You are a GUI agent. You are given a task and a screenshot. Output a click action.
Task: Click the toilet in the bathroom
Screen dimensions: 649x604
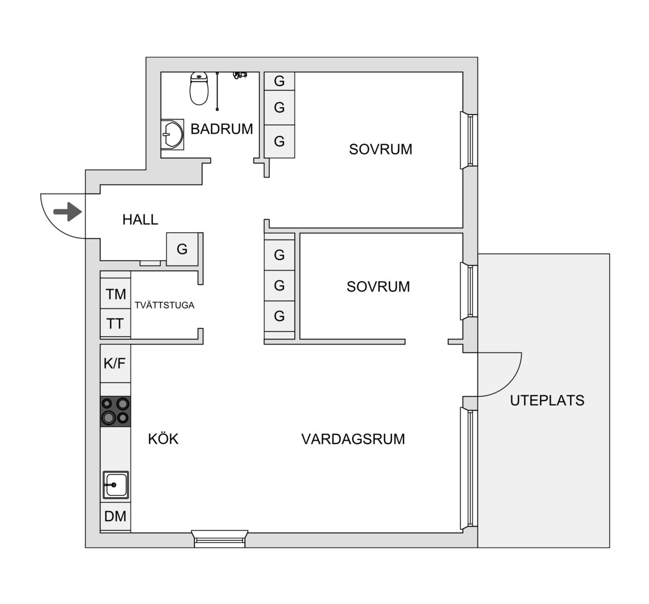coord(199,88)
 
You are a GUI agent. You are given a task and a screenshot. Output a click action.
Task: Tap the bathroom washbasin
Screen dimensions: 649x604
coord(172,135)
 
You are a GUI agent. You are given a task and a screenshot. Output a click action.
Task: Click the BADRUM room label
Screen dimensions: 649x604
coord(221,129)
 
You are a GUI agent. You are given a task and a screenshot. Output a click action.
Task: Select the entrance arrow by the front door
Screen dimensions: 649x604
coord(68,213)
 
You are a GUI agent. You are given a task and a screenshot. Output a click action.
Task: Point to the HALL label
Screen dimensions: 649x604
coord(140,219)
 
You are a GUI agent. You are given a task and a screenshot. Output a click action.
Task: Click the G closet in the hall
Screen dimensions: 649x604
coord(182,249)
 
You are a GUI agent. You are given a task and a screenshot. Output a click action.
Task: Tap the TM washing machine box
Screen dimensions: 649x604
coord(116,294)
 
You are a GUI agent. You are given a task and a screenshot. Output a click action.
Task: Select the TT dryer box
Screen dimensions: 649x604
coord(116,323)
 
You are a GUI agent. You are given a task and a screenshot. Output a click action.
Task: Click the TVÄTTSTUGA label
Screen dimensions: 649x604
coord(164,305)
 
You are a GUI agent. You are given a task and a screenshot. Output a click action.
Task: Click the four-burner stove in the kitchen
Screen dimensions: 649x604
coord(116,412)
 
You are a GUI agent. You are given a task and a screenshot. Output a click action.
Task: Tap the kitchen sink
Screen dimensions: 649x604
coord(116,485)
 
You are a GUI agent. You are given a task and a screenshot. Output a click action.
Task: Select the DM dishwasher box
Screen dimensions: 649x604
coord(116,516)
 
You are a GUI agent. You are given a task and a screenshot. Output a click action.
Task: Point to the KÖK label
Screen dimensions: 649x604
coord(163,439)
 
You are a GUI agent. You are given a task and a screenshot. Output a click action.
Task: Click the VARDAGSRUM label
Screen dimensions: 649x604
coord(353,439)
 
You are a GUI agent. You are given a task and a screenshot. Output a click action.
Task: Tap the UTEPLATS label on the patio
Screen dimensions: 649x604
coord(547,400)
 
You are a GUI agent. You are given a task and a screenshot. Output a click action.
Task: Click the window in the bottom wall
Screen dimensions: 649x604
coord(220,539)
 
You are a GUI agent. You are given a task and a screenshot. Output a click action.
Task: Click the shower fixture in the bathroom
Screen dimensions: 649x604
coord(240,75)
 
